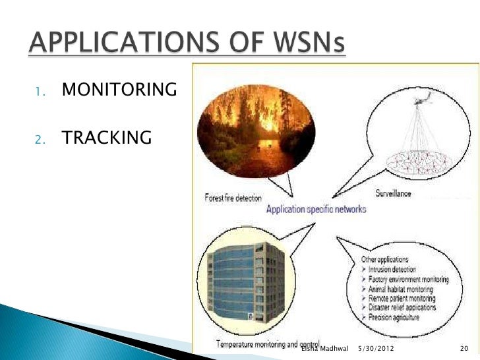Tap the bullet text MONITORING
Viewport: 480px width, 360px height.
[119, 90]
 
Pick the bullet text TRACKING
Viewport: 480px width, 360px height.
[106, 138]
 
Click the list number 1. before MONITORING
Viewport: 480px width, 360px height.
[40, 91]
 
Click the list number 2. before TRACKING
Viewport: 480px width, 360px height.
[40, 139]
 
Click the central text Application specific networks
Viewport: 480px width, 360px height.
[316, 209]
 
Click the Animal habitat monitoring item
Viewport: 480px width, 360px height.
[400, 289]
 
